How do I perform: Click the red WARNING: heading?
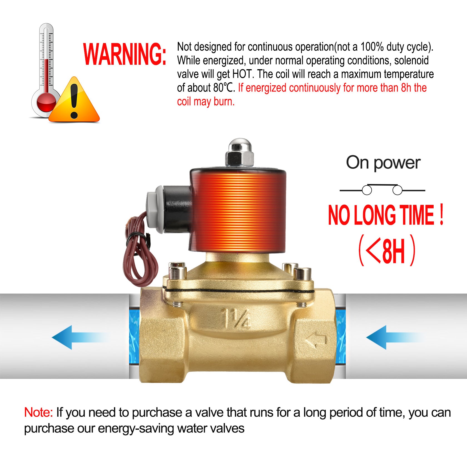(x=125, y=54)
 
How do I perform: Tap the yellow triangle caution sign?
(x=74, y=100)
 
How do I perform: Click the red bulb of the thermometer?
(x=46, y=102)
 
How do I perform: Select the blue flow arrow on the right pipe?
(x=395, y=337)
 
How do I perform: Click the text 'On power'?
(x=383, y=163)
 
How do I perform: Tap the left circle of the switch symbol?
(x=367, y=190)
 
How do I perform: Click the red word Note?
(x=38, y=412)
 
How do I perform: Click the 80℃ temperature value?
(x=224, y=88)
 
